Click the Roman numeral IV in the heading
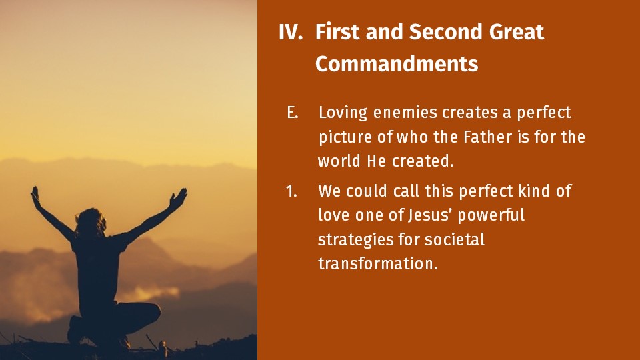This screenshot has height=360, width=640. (x=291, y=32)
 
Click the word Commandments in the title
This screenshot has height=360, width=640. (x=396, y=64)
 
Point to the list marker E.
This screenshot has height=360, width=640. (x=292, y=113)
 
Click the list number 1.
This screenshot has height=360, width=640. (x=291, y=191)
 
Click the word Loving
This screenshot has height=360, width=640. (x=343, y=113)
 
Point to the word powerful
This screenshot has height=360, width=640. (x=491, y=215)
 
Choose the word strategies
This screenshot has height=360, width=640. (x=355, y=240)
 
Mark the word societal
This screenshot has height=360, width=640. (x=454, y=239)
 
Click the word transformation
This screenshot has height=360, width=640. (x=377, y=264)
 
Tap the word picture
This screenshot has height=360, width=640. (x=345, y=137)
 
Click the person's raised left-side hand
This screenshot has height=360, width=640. (x=36, y=195)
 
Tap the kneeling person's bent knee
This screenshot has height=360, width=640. (x=152, y=312)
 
